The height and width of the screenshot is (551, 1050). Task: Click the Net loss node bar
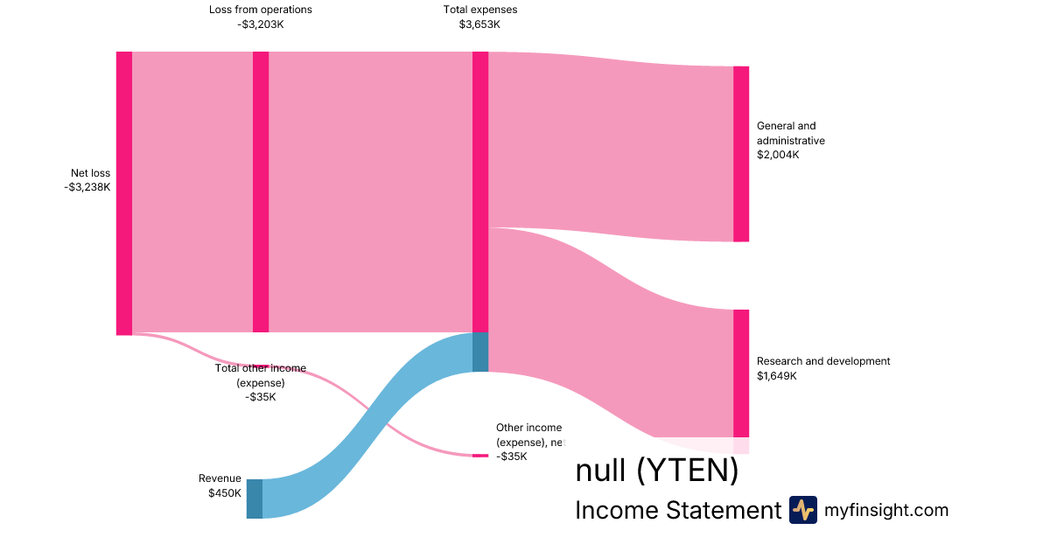(x=124, y=192)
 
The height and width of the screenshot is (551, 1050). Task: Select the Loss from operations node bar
(x=261, y=192)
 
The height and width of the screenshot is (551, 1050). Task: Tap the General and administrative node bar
(x=741, y=154)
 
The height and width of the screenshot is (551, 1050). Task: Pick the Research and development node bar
(x=741, y=373)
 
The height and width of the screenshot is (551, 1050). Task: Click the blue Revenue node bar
(x=254, y=499)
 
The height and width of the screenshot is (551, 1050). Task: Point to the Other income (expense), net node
(x=480, y=456)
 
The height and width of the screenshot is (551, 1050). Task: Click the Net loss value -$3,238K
(x=87, y=187)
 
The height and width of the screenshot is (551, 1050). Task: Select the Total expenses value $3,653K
(x=479, y=24)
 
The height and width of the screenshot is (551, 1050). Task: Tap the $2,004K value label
(x=778, y=155)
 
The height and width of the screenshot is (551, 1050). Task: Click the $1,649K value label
(x=778, y=376)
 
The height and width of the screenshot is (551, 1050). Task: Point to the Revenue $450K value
(x=224, y=493)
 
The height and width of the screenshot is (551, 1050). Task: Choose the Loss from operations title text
(x=260, y=10)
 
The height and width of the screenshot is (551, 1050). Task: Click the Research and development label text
(x=822, y=361)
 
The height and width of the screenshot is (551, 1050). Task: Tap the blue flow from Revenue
(x=367, y=420)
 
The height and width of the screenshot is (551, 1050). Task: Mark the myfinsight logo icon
(x=802, y=510)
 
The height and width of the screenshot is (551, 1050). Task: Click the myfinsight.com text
(x=886, y=510)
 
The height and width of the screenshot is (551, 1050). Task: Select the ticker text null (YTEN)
(x=656, y=471)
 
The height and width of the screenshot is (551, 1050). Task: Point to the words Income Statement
(x=677, y=511)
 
